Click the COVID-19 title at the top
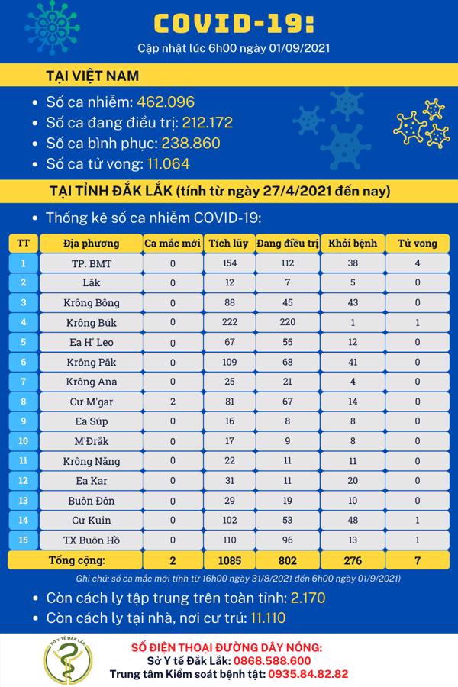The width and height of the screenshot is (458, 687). pyautogui.click(x=232, y=24)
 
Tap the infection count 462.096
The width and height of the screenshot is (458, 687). pyautogui.click(x=165, y=102)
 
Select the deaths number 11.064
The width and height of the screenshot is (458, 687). pyautogui.click(x=161, y=163)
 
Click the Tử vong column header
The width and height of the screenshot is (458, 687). pyautogui.click(x=418, y=244)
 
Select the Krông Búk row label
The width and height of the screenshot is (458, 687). pyautogui.click(x=91, y=322)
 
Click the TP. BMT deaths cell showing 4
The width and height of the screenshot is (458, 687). pyautogui.click(x=418, y=263)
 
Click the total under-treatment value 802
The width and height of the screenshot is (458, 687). pyautogui.click(x=287, y=560)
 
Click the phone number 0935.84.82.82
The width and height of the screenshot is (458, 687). pyautogui.click(x=304, y=674)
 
